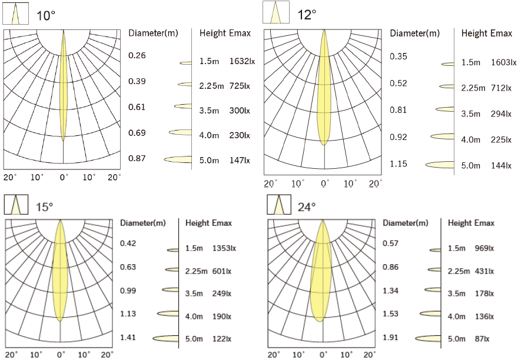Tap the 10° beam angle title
tap(47, 16)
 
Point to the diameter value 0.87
tap(137, 159)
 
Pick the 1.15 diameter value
tap(399, 164)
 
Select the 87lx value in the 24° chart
tap(483, 338)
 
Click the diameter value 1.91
tap(391, 338)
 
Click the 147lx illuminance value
tap(238, 160)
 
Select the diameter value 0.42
tap(128, 244)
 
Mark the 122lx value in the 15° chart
tap(223, 338)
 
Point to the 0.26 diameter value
tap(137, 55)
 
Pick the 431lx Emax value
tap(483, 271)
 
